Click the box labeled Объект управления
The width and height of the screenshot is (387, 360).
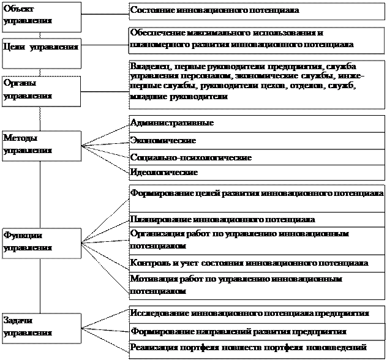40,16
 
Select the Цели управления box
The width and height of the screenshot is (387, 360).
40,47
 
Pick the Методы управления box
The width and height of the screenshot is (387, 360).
40,144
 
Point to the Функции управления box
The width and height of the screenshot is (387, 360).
40,242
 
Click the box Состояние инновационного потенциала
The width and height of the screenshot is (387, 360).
257,11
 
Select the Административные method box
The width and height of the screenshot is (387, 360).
257,123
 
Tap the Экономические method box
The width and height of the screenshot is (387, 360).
257,140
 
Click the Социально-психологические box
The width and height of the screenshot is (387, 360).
257,157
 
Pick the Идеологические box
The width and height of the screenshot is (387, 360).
257,173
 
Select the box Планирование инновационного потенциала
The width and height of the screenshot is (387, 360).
257,219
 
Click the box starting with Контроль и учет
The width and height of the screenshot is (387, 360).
257,263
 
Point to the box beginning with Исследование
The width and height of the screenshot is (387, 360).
257,312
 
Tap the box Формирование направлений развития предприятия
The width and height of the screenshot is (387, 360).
257,331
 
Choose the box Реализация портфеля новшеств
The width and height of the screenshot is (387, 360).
257,348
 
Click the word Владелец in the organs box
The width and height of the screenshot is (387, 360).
151,66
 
